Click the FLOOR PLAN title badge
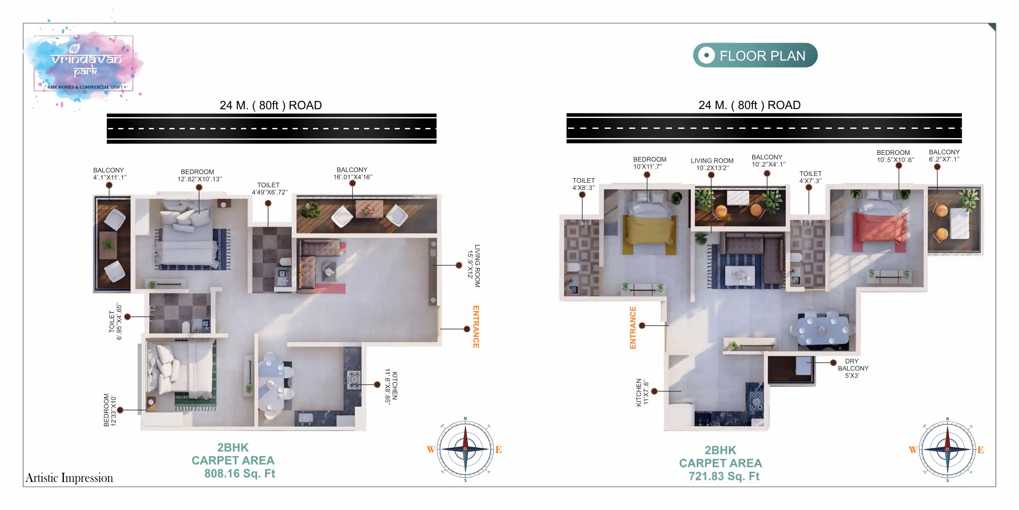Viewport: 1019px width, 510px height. pyautogui.click(x=755, y=55)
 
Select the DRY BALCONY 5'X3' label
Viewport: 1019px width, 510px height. pyautogui.click(x=853, y=368)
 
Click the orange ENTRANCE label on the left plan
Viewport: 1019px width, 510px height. pyautogui.click(x=476, y=327)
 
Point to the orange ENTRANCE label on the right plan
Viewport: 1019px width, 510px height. pyautogui.click(x=633, y=328)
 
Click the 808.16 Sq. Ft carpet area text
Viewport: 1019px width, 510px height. pyautogui.click(x=239, y=474)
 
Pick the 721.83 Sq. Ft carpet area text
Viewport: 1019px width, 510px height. pyautogui.click(x=724, y=476)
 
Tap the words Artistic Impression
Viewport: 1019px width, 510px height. pyautogui.click(x=69, y=478)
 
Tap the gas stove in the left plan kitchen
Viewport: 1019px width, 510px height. pyautogui.click(x=354, y=380)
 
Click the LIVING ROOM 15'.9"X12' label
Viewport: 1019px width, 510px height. pyautogui.click(x=474, y=266)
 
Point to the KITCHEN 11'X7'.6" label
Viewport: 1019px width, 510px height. pyautogui.click(x=642, y=392)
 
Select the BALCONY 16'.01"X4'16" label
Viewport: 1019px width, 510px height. pyautogui.click(x=353, y=173)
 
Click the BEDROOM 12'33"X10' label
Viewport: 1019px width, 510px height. pyautogui.click(x=110, y=410)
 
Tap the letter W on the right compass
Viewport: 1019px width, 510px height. pyautogui.click(x=913, y=450)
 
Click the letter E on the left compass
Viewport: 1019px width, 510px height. pyautogui.click(x=498, y=449)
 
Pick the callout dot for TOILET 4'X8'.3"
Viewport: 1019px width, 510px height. pyautogui.click(x=582, y=195)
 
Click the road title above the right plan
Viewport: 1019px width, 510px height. pyautogui.click(x=749, y=105)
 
